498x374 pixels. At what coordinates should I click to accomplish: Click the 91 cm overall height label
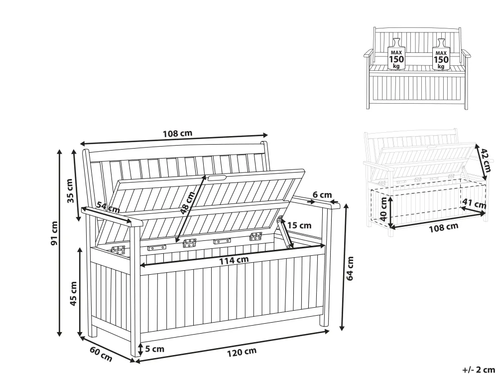pos(55,233)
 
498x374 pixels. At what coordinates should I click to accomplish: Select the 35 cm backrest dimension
pos(70,190)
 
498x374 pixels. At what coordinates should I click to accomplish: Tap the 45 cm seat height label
pos(73,294)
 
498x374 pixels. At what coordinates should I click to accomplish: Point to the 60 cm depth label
pos(101,354)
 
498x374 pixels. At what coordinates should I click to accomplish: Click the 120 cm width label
pos(242,352)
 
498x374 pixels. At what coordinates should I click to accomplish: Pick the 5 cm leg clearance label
pos(155,349)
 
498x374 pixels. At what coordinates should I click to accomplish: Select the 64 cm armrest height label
pos(350,269)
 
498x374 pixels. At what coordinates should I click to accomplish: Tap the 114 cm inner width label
pos(234,260)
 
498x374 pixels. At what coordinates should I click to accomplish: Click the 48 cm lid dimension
pos(187,202)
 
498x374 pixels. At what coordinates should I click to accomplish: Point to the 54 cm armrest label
pos(108,207)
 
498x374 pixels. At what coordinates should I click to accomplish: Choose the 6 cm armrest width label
pos(322,194)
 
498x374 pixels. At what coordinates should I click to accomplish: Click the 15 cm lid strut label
pos(299,225)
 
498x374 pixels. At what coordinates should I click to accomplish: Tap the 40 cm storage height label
pos(383,209)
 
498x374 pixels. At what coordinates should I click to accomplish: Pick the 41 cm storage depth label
pos(474,203)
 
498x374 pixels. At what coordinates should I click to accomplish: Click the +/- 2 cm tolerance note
pos(478,370)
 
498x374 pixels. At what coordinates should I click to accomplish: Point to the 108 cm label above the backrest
pos(178,133)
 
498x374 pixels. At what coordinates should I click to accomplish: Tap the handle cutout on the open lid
pos(217,178)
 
